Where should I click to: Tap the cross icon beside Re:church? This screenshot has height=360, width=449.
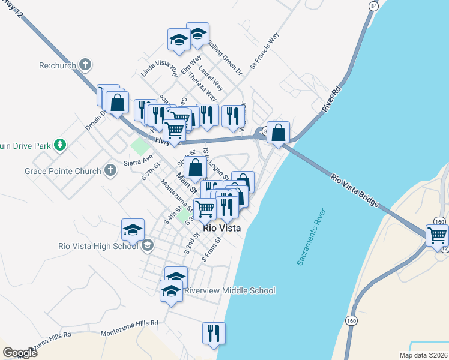(85, 64)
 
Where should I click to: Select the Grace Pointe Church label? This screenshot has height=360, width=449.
(62, 171)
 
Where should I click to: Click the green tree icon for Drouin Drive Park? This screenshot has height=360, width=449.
(59, 145)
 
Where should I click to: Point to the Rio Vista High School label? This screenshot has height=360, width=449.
(98, 245)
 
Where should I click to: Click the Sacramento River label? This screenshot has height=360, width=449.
(311, 238)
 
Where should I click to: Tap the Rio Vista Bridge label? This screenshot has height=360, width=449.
(355, 191)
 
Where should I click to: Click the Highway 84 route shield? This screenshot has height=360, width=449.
(374, 6)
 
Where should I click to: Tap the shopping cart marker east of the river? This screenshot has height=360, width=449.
(437, 235)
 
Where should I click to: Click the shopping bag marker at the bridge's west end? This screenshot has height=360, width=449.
(279, 132)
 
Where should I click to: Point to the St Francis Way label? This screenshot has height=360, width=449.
(265, 51)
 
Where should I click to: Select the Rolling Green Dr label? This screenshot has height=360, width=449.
(225, 58)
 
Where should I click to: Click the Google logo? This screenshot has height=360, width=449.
(20, 353)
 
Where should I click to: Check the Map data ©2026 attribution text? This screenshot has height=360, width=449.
(423, 355)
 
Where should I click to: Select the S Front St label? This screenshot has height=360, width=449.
(213, 248)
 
